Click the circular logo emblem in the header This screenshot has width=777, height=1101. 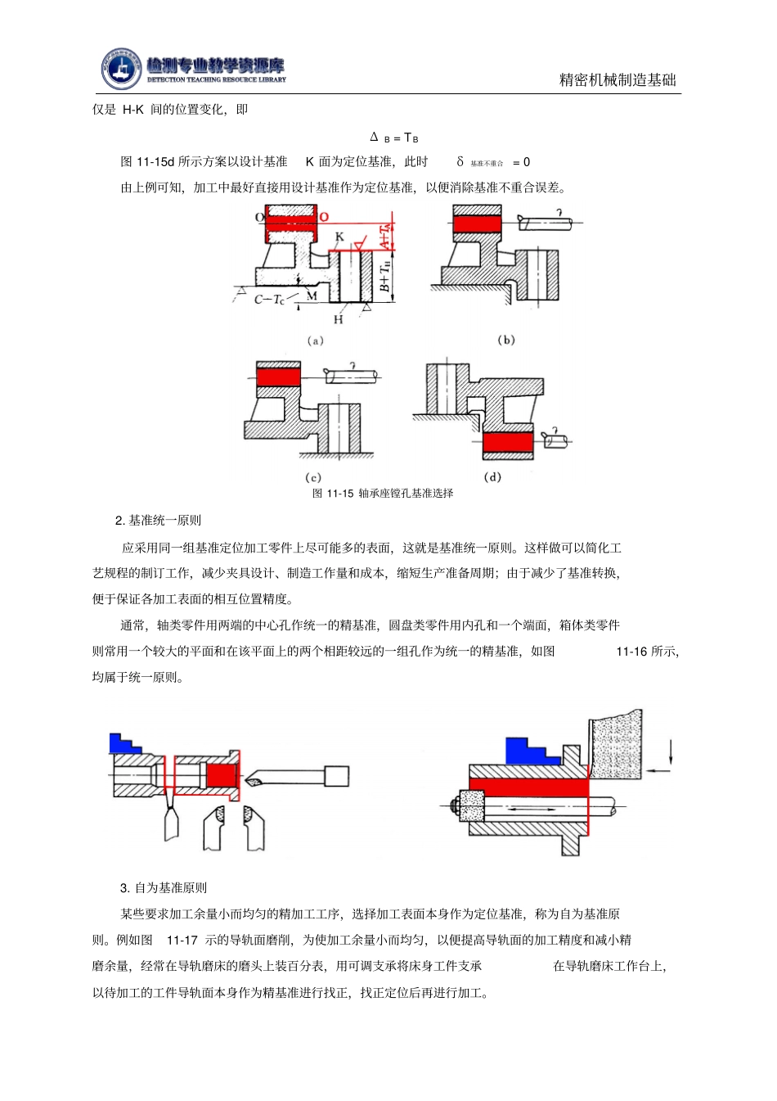tap(121, 70)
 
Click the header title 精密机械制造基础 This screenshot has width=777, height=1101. tap(618, 79)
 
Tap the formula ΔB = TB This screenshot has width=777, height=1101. tap(394, 138)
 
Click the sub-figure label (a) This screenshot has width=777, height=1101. tap(315, 341)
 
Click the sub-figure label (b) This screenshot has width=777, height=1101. tap(506, 340)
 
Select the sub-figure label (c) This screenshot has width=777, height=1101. tap(313, 477)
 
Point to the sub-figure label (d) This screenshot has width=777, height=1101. tap(492, 476)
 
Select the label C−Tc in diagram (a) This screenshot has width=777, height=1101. tap(269, 300)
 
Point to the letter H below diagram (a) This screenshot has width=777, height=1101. tap(339, 319)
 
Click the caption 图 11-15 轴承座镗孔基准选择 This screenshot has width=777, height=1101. tap(383, 493)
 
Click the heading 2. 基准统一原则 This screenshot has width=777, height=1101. tap(158, 521)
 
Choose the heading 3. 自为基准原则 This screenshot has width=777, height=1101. tap(164, 888)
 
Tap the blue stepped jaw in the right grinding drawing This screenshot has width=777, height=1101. tap(528, 751)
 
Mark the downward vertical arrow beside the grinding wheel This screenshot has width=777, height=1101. tap(671, 751)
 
